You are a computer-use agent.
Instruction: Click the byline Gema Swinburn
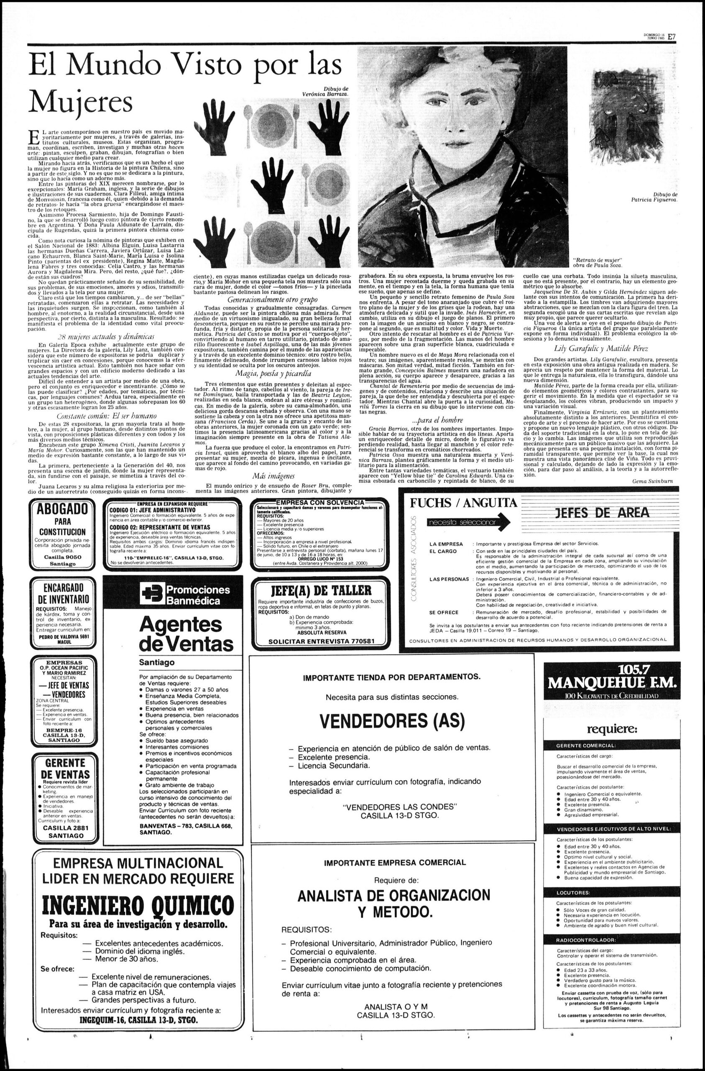point(652,481)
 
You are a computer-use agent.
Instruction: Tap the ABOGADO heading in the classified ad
point(63,510)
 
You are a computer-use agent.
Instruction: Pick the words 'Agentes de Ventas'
point(186,633)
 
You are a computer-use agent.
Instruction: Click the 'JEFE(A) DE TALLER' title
point(319,590)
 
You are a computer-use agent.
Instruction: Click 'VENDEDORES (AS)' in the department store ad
point(391,720)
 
